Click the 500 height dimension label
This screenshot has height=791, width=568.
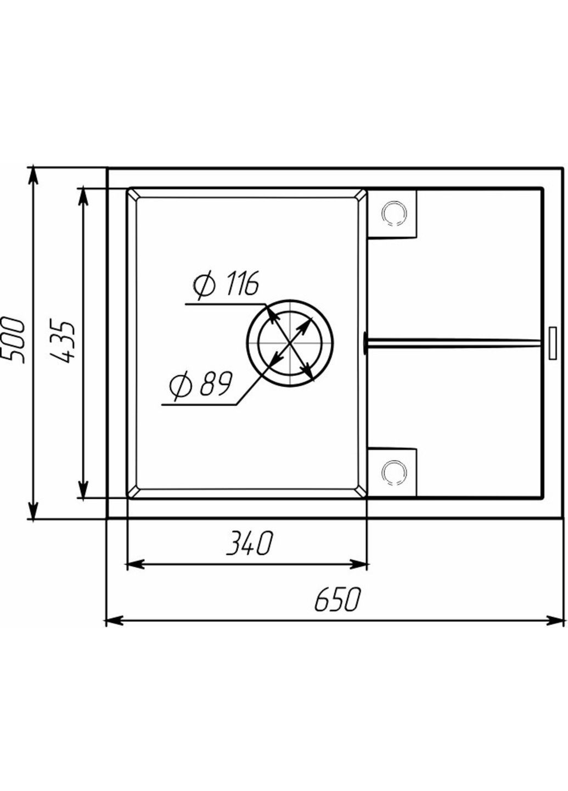(13, 341)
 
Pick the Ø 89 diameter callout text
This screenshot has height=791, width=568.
(200, 384)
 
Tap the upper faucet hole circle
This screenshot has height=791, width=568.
(395, 213)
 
